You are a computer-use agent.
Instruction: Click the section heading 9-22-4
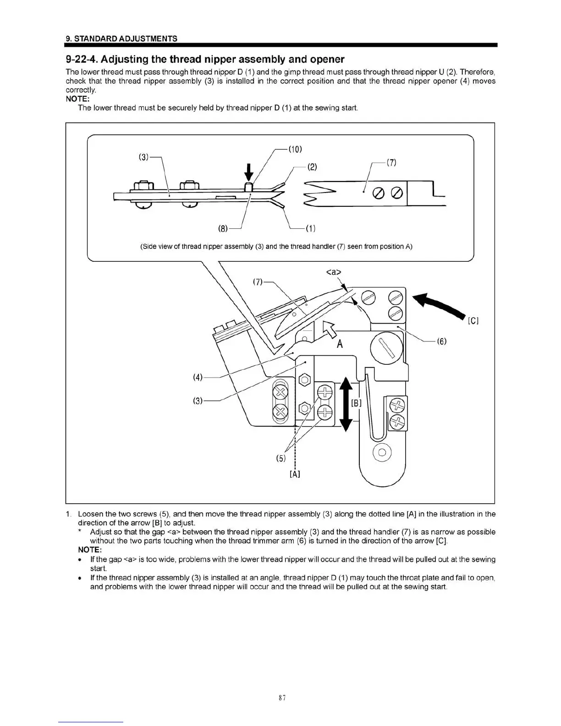(x=205, y=60)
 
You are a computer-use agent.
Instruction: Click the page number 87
(x=281, y=698)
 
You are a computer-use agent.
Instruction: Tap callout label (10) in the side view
(x=294, y=149)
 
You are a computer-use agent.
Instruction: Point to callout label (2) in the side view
(x=312, y=166)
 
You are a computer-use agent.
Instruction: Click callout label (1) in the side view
(x=310, y=228)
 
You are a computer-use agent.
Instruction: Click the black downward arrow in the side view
(x=248, y=172)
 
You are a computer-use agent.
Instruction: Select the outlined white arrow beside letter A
(x=330, y=329)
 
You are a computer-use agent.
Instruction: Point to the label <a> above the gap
(x=334, y=272)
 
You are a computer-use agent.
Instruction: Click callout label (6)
(x=441, y=341)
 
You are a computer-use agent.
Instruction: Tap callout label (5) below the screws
(x=280, y=458)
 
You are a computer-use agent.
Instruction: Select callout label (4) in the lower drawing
(x=198, y=377)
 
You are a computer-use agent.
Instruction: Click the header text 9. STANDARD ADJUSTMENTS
(x=121, y=38)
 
